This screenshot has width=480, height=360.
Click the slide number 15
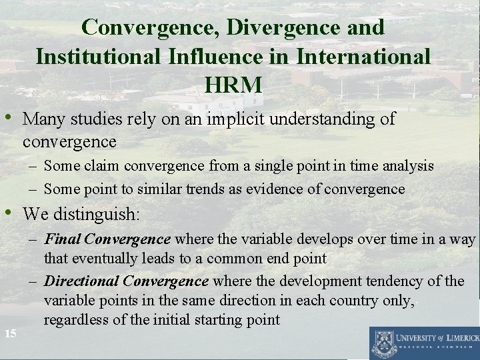click(x=10, y=333)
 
